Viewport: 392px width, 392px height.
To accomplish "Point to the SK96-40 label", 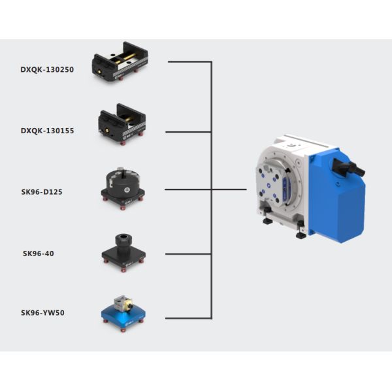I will coord(39,253).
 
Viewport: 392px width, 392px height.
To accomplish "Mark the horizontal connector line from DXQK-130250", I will coord(189,62).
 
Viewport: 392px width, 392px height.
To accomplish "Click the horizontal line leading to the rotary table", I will coord(229,190).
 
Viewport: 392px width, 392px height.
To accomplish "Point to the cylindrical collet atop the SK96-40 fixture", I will coord(122,239).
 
